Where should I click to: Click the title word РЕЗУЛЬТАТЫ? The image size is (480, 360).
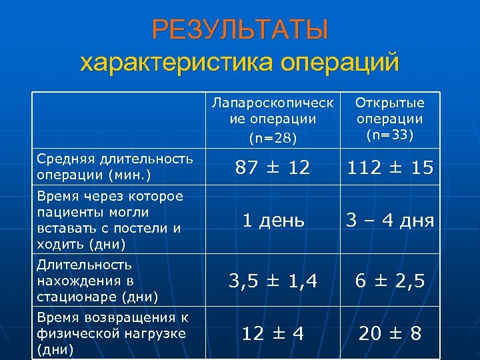(239, 30)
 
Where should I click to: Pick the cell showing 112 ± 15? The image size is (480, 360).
(390, 168)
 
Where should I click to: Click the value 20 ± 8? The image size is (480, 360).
(390, 333)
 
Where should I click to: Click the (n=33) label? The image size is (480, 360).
(390, 135)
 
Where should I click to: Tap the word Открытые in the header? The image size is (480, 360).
(390, 103)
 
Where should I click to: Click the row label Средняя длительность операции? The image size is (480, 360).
(114, 166)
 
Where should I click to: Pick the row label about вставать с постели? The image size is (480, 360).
(109, 220)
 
